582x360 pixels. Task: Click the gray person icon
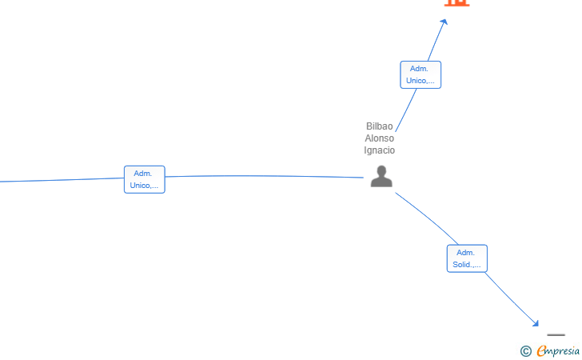point(381,177)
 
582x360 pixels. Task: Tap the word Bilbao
point(380,126)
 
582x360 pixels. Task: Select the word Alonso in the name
point(380,138)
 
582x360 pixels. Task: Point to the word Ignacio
point(380,150)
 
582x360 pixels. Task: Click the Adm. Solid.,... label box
point(467,258)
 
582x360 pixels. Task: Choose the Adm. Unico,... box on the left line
point(144,179)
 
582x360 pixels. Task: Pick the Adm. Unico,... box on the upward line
point(420,74)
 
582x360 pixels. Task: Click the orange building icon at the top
point(456,2)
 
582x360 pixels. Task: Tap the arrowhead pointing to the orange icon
point(444,22)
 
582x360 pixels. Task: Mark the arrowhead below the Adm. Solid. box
point(536,323)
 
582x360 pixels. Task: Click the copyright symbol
point(525,350)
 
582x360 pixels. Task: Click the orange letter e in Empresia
point(541,350)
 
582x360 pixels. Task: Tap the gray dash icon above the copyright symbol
point(556,335)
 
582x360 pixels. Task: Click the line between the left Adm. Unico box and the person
point(264,176)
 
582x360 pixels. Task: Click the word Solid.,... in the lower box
point(467,265)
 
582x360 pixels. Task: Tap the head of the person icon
point(381,170)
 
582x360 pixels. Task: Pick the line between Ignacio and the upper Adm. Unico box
point(406,109)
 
